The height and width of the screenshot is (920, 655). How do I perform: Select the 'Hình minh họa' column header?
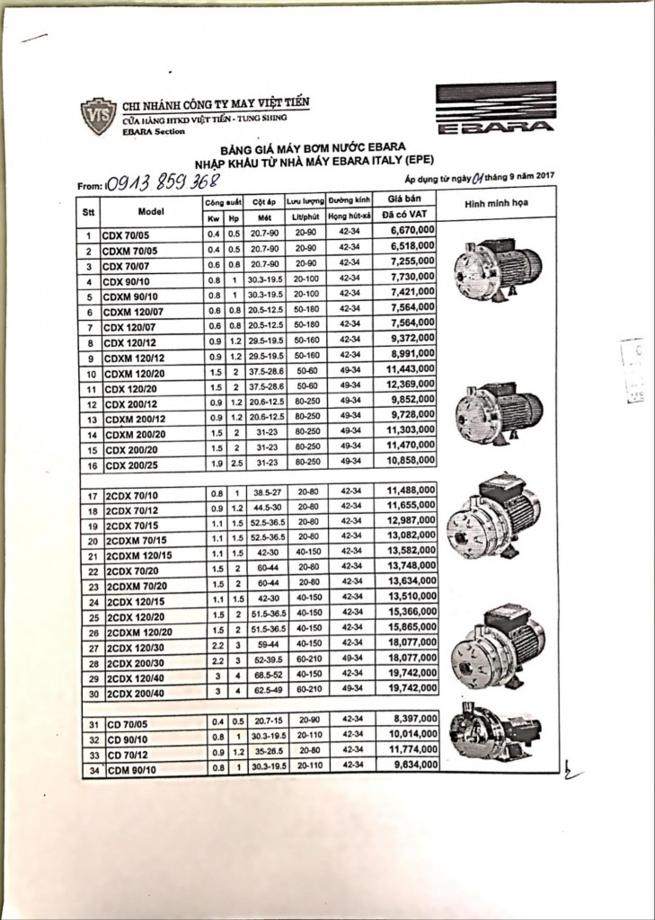pos(496,204)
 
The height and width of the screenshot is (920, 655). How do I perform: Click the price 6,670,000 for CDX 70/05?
pos(412,231)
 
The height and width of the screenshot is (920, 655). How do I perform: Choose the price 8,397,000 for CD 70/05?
pos(412,719)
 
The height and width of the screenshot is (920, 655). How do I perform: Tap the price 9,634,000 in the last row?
pos(412,764)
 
